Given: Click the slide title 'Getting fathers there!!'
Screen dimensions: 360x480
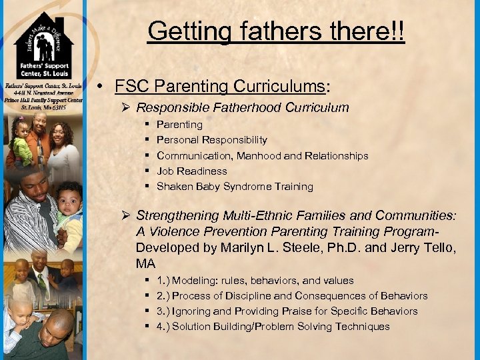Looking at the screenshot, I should pyautogui.click(x=276, y=31).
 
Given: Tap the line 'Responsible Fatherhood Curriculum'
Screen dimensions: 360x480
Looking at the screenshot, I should pyautogui.click(x=243, y=107).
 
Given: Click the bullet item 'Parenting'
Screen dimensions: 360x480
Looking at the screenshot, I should pyautogui.click(x=179, y=125).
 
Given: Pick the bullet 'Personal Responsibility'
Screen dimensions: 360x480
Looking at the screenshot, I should pyautogui.click(x=212, y=140).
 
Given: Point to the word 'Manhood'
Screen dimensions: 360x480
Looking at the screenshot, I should pyautogui.click(x=302, y=156).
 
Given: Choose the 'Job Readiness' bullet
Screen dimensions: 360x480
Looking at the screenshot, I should pyautogui.click(x=192, y=171).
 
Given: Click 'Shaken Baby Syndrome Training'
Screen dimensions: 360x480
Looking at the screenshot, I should pyautogui.click(x=235, y=187).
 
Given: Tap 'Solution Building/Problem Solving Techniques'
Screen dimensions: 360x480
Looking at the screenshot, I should pyautogui.click(x=281, y=327).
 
